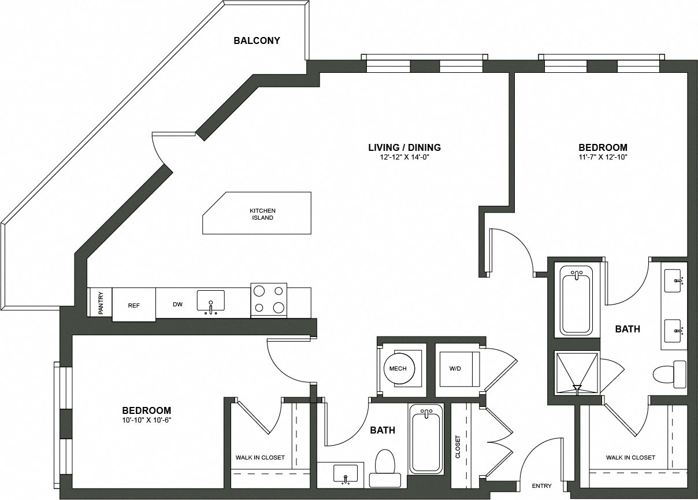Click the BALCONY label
(x=257, y=40)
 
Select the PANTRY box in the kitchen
(x=100, y=302)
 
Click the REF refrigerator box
(x=133, y=305)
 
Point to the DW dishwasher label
(x=177, y=305)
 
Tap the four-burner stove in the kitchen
(x=269, y=300)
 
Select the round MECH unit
(x=399, y=369)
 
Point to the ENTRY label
(x=541, y=486)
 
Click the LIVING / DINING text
(x=404, y=147)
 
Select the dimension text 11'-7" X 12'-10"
(x=603, y=157)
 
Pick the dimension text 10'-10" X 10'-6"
(x=147, y=420)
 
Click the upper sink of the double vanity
(x=674, y=280)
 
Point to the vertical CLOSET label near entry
(x=458, y=446)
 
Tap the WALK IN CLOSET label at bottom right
(x=630, y=457)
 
